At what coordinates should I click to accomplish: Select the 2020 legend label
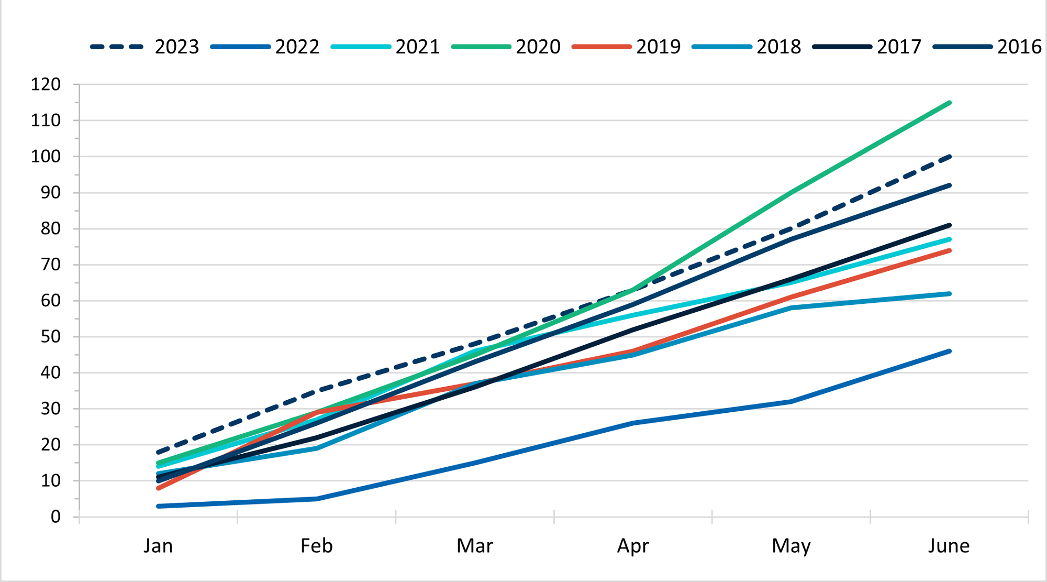tap(538, 47)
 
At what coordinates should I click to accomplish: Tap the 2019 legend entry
tap(658, 47)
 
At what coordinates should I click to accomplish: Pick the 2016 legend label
tap(1019, 47)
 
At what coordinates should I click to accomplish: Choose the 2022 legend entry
tap(297, 47)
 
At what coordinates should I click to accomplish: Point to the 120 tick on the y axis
tap(46, 84)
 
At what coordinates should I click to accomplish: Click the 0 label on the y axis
tap(55, 517)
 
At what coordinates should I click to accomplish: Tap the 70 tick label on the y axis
tap(51, 265)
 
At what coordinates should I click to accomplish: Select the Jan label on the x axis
tap(158, 546)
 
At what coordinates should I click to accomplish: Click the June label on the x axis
tap(949, 546)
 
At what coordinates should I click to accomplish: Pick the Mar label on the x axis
tap(475, 546)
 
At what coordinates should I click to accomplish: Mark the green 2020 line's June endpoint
tap(949, 103)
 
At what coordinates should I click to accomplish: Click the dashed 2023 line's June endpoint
tap(949, 157)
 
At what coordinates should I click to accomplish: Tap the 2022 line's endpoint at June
tap(949, 351)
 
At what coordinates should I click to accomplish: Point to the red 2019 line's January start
tap(158, 488)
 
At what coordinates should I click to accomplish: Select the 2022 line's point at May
tap(791, 402)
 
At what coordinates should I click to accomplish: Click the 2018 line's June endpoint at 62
tap(949, 294)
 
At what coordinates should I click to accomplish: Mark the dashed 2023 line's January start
tap(158, 452)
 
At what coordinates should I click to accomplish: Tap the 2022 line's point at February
tap(317, 499)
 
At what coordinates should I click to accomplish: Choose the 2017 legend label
tap(899, 47)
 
